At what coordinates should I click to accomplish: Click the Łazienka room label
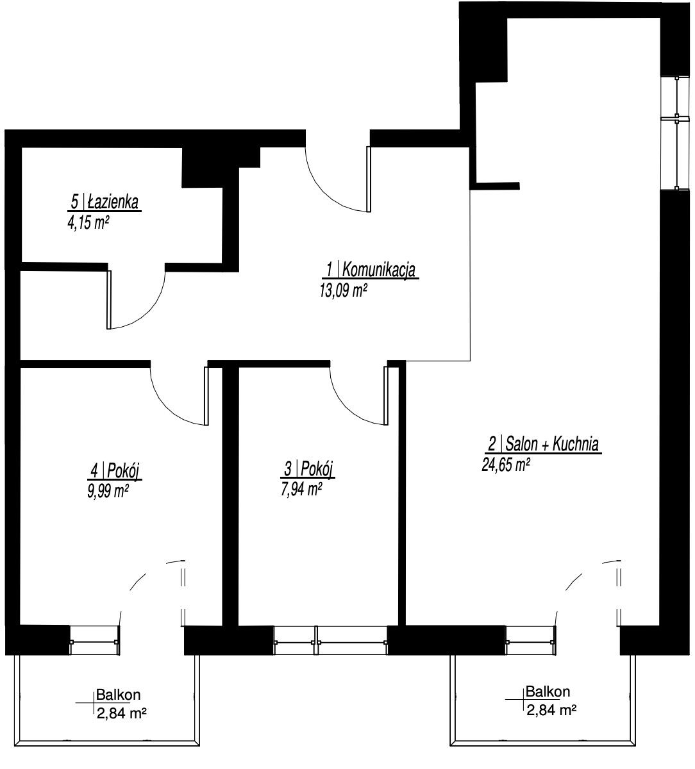[105, 203]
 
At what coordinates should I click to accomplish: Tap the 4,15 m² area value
[88, 223]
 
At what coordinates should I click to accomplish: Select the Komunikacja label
[371, 270]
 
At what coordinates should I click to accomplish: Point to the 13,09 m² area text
[343, 290]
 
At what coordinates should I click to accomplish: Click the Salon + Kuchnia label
[543, 445]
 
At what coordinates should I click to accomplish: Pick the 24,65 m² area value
[506, 465]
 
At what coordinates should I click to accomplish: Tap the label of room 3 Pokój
[308, 469]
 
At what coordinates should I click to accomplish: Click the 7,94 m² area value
[301, 490]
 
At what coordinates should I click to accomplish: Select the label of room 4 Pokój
[115, 470]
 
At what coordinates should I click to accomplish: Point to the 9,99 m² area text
[108, 492]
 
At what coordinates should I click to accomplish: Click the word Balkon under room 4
[118, 695]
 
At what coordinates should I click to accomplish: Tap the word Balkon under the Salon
[548, 692]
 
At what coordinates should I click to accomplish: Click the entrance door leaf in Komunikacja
[369, 179]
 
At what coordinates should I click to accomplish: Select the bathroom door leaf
[109, 300]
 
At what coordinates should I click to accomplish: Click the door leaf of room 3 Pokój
[385, 395]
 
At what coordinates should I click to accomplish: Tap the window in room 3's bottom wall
[331, 640]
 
